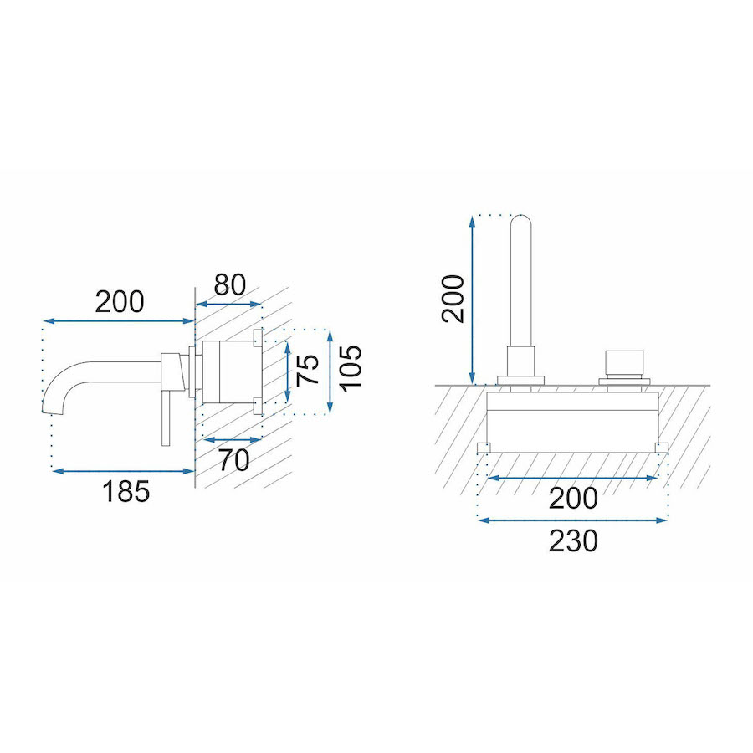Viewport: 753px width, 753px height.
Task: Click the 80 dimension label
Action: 229,284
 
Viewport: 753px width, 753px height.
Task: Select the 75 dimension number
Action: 308,370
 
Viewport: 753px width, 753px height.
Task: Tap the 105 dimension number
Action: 350,368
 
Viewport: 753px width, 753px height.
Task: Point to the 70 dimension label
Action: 234,459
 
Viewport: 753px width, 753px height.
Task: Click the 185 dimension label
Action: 125,492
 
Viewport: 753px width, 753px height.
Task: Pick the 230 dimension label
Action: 573,541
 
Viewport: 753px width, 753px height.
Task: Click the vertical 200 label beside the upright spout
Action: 453,299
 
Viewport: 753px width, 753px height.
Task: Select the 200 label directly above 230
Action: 573,499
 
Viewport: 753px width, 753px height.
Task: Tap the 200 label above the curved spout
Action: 120,302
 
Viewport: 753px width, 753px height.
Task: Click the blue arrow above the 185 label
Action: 124,472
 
